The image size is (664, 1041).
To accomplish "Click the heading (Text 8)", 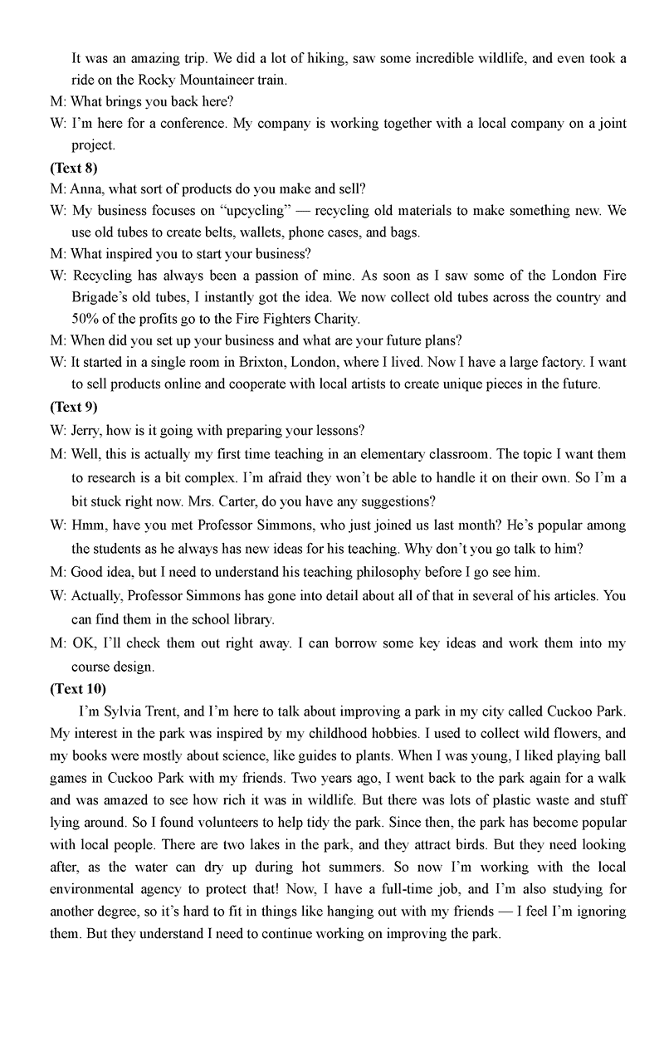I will tap(73, 168).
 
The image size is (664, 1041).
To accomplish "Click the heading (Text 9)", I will tap(73, 407).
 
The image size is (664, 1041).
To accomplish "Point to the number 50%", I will tap(86, 319).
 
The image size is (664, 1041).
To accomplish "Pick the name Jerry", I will tap(87, 431).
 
